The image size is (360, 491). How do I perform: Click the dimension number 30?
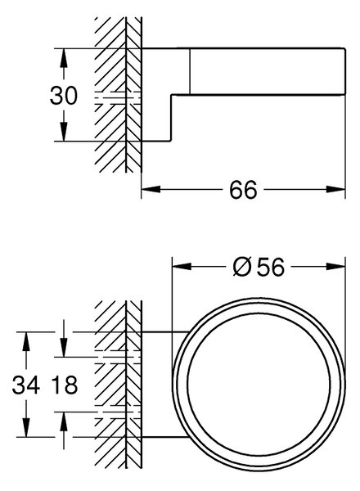(x=63, y=96)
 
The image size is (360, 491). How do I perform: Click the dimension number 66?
(x=243, y=190)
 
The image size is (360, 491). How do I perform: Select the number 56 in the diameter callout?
(x=271, y=267)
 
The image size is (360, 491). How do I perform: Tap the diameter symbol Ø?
(x=242, y=267)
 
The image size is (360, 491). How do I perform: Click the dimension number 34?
(x=25, y=385)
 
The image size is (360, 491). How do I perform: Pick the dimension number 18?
(x=65, y=385)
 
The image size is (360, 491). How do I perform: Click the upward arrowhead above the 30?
(x=64, y=58)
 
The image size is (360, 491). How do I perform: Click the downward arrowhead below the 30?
(x=64, y=132)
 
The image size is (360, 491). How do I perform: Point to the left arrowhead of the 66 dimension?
(x=151, y=189)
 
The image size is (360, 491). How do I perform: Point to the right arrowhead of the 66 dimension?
(x=335, y=189)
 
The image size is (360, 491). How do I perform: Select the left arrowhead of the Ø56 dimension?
(x=182, y=267)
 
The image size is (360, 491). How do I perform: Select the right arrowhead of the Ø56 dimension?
(x=335, y=267)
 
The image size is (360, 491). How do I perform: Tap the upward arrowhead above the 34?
(x=26, y=341)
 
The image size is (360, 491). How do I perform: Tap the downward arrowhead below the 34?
(x=26, y=427)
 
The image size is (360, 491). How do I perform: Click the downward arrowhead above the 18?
(x=64, y=347)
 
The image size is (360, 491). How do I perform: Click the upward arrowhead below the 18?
(x=64, y=421)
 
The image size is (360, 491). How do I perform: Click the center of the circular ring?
(x=259, y=384)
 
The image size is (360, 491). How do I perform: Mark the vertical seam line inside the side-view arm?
(x=190, y=71)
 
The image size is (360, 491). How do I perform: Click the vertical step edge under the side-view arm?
(x=171, y=117)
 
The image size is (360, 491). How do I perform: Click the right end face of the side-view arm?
(x=345, y=71)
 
